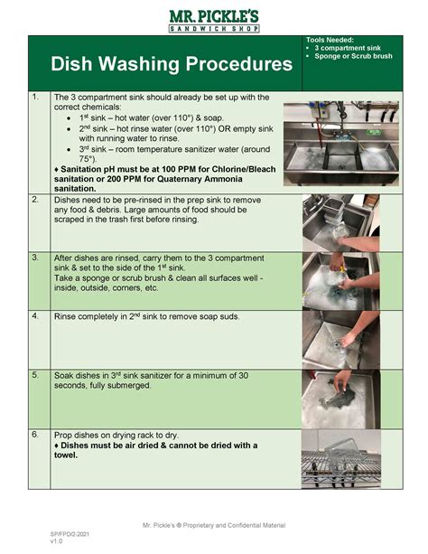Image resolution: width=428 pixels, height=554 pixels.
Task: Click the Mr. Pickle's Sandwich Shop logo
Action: click(x=214, y=19)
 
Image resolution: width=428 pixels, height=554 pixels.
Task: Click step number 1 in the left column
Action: click(x=34, y=97)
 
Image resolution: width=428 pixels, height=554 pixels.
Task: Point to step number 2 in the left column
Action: click(x=34, y=198)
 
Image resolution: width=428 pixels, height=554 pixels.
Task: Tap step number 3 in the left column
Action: click(x=34, y=257)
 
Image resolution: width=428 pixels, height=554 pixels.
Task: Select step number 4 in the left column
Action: click(x=34, y=316)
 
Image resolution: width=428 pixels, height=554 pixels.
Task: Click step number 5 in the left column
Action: click(x=34, y=374)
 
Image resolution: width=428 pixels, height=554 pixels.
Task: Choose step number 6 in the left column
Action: click(x=34, y=434)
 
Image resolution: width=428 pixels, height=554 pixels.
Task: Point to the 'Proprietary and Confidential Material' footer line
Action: click(x=214, y=525)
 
